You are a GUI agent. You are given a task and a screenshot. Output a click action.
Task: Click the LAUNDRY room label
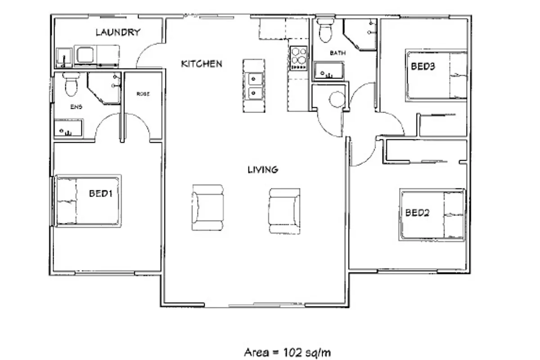[x=118, y=32]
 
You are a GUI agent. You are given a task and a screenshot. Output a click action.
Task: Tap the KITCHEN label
[x=202, y=64]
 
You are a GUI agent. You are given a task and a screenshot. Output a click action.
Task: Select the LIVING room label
[x=263, y=170]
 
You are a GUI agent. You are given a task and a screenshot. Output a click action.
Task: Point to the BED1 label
[x=100, y=193]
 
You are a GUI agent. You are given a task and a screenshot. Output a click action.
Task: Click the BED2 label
[x=417, y=213]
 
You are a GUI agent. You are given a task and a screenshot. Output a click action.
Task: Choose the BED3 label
[x=423, y=66]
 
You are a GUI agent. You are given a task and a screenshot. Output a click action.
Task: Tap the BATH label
[x=337, y=53]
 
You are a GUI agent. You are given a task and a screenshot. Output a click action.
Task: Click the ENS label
[x=76, y=107]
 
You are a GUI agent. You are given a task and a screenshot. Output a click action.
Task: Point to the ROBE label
[x=143, y=94]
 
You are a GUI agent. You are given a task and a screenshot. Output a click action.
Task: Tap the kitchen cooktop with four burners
[x=298, y=58]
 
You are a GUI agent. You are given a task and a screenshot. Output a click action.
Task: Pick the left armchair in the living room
[x=207, y=207]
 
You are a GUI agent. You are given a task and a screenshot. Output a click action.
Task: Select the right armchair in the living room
[x=284, y=211]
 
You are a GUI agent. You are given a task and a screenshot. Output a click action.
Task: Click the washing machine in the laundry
[x=85, y=55]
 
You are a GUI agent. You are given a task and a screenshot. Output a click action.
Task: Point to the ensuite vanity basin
[x=68, y=128]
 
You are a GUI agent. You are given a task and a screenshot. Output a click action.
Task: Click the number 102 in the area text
[x=292, y=352]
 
